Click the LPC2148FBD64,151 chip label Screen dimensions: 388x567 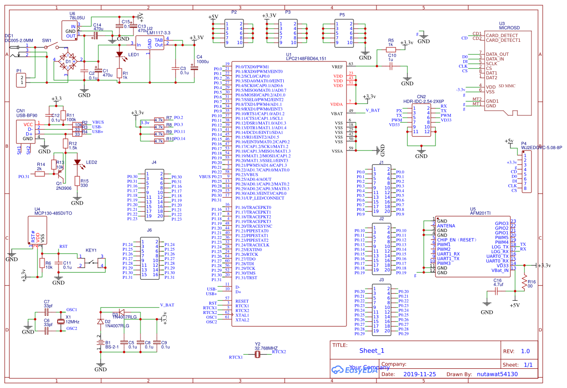[306, 59]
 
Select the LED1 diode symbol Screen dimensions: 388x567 [119, 54]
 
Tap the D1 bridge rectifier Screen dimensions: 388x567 [68, 61]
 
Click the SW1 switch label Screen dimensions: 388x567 [47, 41]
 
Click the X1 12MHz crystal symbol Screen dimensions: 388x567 [60, 321]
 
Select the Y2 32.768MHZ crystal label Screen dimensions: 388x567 [266, 349]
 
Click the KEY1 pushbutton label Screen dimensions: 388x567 [91, 250]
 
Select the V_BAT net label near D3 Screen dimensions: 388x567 [167, 305]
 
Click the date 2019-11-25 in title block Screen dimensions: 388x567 [419, 374]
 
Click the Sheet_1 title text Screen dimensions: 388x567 [372, 351]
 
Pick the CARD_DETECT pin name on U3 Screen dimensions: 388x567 [502, 35]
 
